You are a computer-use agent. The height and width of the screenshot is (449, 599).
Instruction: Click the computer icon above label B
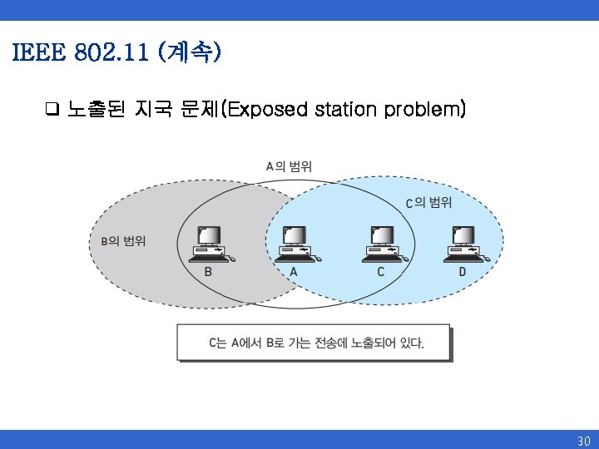coord(208,244)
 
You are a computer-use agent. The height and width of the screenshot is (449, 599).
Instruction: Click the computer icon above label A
coord(294,244)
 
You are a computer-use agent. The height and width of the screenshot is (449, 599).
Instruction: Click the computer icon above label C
coord(381,244)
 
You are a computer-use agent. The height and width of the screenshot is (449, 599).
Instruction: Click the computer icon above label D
coord(462,244)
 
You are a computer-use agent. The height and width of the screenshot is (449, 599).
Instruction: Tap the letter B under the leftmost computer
coord(208,272)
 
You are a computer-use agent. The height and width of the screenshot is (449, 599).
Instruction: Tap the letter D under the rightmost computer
coord(463,272)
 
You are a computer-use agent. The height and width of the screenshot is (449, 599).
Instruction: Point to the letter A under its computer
coord(294,272)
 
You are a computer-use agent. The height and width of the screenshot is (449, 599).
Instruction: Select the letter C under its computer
coord(381,272)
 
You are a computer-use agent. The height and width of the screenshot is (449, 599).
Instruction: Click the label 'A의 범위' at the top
coord(289,166)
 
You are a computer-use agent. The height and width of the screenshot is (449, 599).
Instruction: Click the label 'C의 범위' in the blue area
coord(428,203)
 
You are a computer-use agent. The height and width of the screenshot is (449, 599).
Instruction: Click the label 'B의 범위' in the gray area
coord(123,241)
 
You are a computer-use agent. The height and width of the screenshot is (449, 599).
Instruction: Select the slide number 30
coord(583,440)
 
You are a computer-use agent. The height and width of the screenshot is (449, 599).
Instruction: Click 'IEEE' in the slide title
coord(37,54)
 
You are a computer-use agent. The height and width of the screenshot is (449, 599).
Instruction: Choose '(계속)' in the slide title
coord(194,54)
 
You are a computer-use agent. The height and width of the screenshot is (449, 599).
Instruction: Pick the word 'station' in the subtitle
coord(345,109)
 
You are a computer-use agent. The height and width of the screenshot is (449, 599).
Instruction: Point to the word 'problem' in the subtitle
coord(424,109)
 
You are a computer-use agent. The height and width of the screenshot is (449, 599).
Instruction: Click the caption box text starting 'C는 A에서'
coord(315,343)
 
